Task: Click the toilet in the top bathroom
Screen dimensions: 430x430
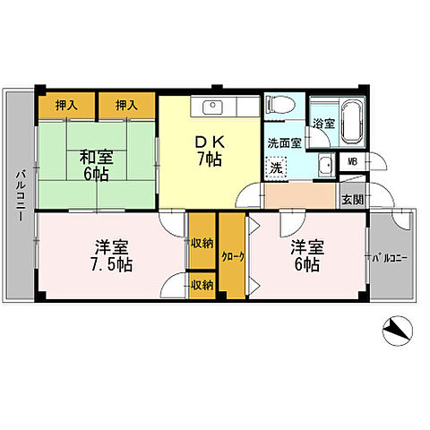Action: click(x=280, y=104)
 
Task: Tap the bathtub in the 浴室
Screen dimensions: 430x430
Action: click(x=352, y=123)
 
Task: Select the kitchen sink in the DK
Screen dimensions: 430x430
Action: click(x=212, y=107)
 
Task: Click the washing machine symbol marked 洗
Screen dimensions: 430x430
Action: click(x=277, y=168)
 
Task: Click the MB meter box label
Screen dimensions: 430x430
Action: click(x=353, y=162)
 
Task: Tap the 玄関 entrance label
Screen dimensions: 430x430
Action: click(x=353, y=200)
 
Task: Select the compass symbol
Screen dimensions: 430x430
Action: click(x=398, y=331)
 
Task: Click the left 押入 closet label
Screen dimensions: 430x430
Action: click(x=66, y=105)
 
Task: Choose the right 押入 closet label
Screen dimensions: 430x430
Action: click(x=126, y=105)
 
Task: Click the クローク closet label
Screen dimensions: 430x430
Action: click(x=233, y=257)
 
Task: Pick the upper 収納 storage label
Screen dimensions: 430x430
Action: click(x=202, y=244)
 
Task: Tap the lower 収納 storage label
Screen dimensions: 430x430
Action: click(x=202, y=286)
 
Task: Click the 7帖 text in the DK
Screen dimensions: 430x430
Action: click(x=210, y=159)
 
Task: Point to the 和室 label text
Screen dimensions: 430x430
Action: click(x=96, y=158)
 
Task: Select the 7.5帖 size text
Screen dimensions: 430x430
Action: click(x=111, y=264)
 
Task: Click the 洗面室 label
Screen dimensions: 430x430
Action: click(x=284, y=143)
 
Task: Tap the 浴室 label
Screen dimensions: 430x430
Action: click(x=323, y=124)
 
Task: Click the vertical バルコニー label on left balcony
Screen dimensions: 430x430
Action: click(x=21, y=196)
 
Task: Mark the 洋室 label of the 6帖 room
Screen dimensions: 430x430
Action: click(x=307, y=247)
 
